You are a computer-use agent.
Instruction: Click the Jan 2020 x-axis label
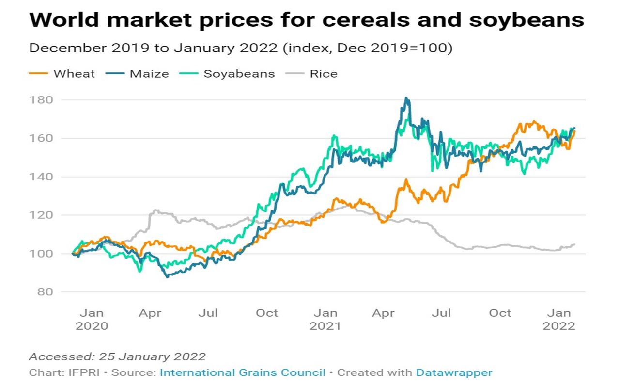92,320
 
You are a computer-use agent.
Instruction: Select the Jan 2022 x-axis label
559,320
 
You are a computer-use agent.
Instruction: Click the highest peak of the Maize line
407,98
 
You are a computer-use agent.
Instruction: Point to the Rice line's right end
574,244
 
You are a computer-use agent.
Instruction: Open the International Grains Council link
243,372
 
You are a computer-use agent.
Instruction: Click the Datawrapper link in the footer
454,372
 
